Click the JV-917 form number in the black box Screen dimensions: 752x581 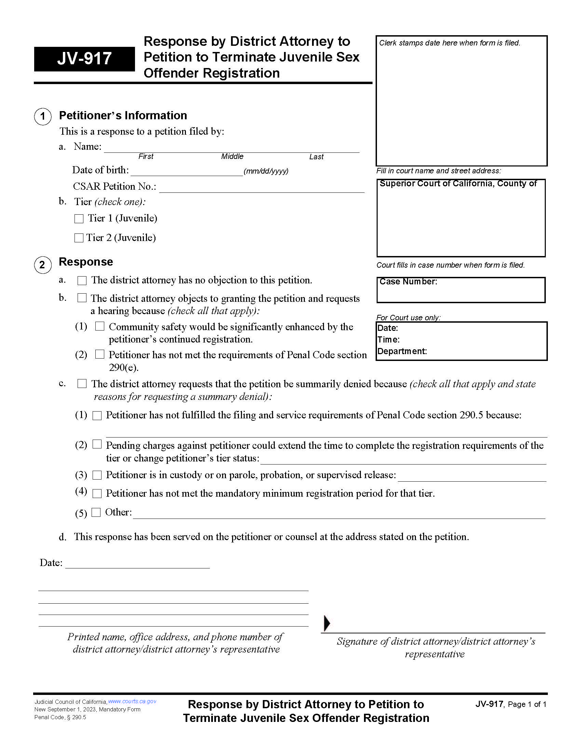pos(84,58)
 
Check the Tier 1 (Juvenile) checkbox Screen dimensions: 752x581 pos(79,219)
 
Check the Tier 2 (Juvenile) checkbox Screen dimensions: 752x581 pos(79,238)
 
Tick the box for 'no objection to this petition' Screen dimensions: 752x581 pos(82,281)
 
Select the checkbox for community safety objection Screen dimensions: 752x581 pos(100,326)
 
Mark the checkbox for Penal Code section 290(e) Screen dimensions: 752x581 pos(100,354)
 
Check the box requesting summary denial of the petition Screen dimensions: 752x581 pos(82,384)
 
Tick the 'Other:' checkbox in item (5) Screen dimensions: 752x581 pos(96,512)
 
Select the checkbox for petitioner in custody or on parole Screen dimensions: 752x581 pos(97,475)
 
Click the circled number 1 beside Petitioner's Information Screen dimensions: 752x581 pos(43,116)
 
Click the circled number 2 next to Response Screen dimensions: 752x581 pos(43,265)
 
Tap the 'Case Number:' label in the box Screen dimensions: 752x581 pos(408,282)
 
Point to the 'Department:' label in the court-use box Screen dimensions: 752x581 pos(402,351)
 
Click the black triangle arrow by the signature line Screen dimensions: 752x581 pos(327,623)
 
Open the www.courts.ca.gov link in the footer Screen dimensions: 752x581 pos(132,701)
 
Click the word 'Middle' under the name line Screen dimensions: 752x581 pos(232,157)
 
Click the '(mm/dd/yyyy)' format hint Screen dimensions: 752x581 pos(266,171)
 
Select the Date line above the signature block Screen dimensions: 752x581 pos(137,564)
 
